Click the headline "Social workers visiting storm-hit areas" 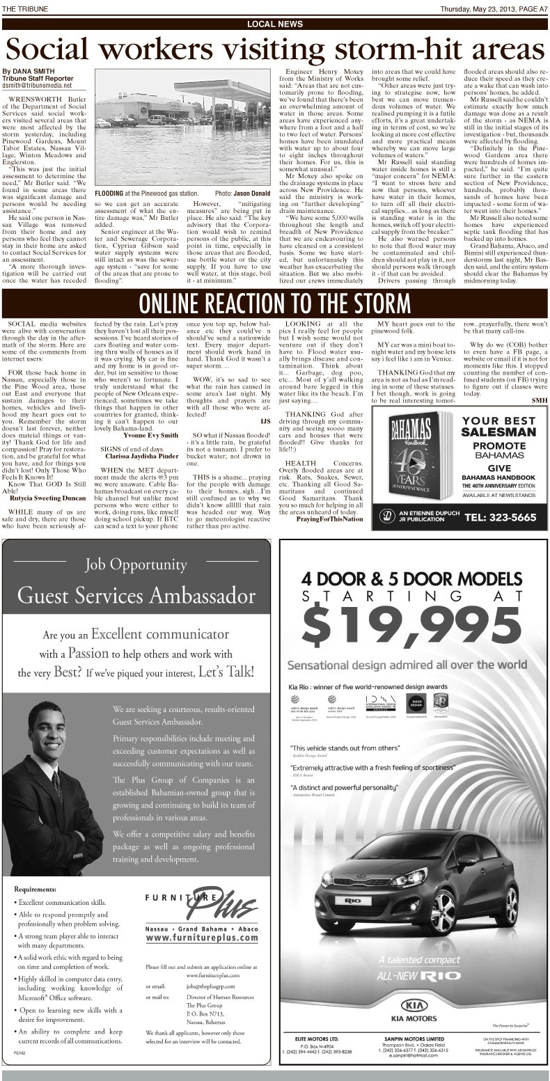tap(274, 48)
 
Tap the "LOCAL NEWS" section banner tap(274, 24)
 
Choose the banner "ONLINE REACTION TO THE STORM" tap(274, 303)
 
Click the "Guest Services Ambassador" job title tap(136, 596)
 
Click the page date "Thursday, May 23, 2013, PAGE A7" tap(494, 8)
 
